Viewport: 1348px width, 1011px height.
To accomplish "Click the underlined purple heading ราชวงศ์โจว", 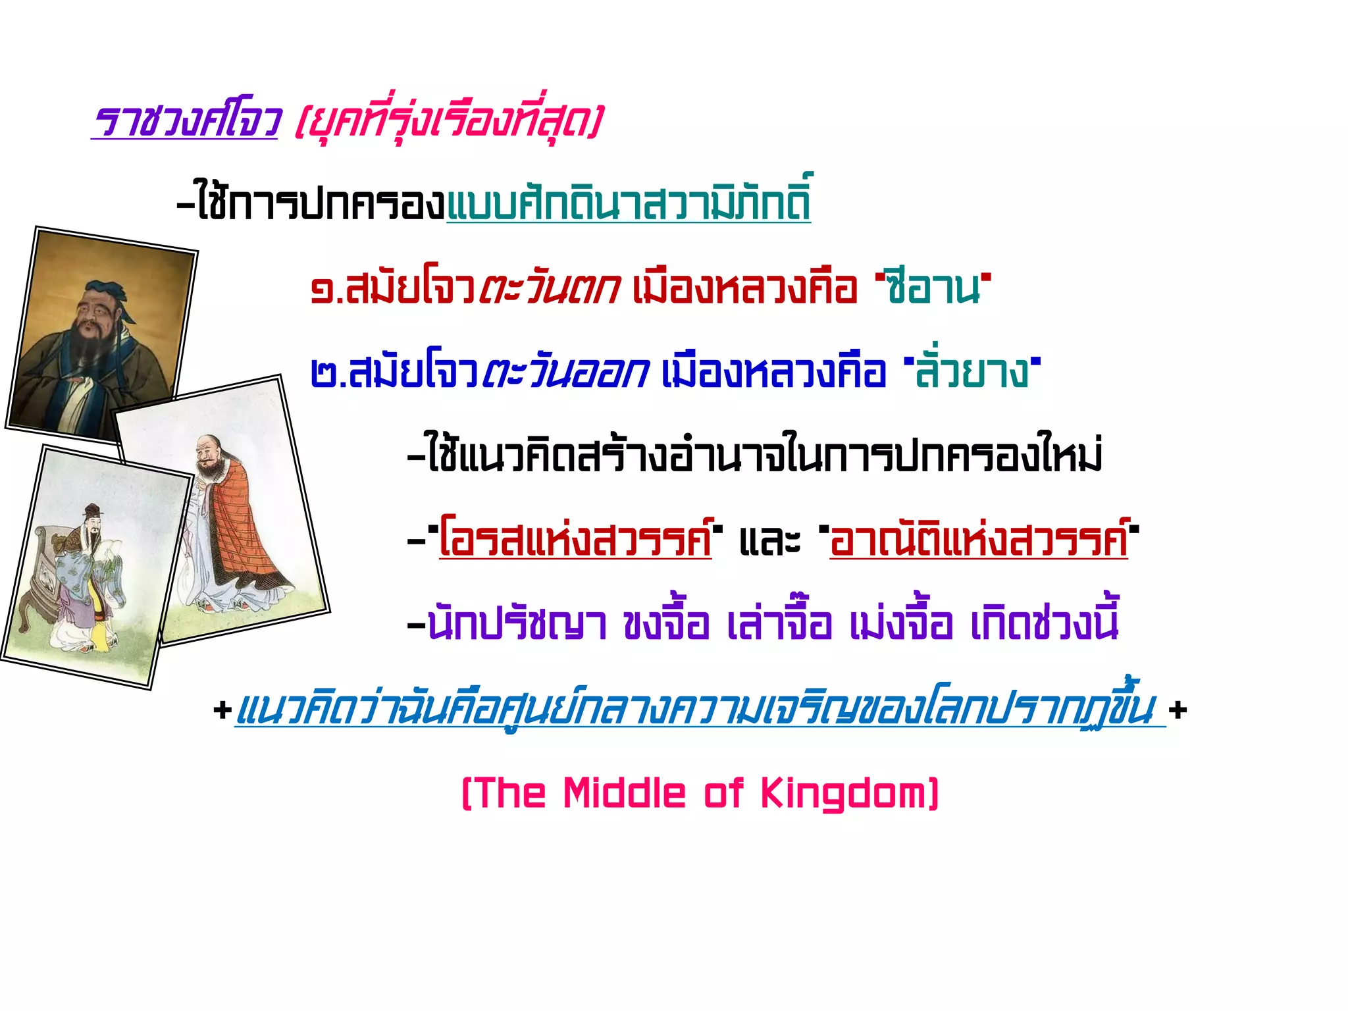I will (x=186, y=120).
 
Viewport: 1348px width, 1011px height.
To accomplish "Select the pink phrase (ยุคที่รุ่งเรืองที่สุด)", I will (x=448, y=120).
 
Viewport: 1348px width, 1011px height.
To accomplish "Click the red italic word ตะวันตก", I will (x=549, y=288).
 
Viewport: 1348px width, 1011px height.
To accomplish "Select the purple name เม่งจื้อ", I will (x=900, y=623).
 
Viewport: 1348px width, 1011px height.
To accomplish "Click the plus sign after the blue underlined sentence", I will (x=1178, y=710).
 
